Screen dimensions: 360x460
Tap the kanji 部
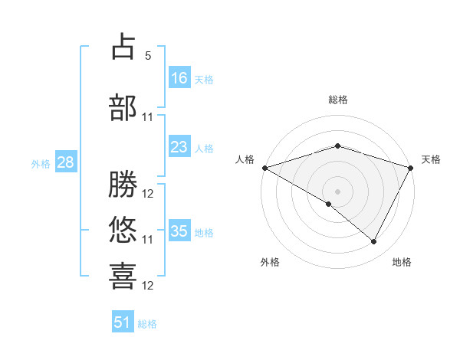pyautogui.click(x=123, y=107)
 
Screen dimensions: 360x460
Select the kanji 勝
pyautogui.click(x=123, y=184)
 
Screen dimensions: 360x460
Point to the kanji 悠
pyautogui.click(x=123, y=230)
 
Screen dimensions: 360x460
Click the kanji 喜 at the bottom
pyautogui.click(x=123, y=276)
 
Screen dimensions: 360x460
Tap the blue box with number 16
pyautogui.click(x=179, y=78)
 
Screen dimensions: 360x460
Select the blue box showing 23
pyautogui.click(x=179, y=147)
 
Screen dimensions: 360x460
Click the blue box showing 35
pyautogui.click(x=179, y=231)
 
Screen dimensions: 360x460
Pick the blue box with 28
pyautogui.click(x=65, y=162)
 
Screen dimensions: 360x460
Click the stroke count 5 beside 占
pyautogui.click(x=148, y=56)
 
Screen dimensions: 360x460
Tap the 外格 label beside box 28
pyautogui.click(x=41, y=163)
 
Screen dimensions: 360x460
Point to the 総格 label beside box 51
pyautogui.click(x=147, y=324)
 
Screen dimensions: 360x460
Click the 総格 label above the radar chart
pyautogui.click(x=338, y=100)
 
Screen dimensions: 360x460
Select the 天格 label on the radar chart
pyautogui.click(x=432, y=159)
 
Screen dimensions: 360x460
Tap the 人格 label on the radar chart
pyautogui.click(x=245, y=159)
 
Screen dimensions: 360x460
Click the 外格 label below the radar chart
pyautogui.click(x=270, y=262)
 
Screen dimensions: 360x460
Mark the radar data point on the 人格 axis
pyautogui.click(x=264, y=167)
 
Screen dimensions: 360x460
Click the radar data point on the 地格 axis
pyautogui.click(x=374, y=242)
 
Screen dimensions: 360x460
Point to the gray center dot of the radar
pyautogui.click(x=337, y=191)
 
